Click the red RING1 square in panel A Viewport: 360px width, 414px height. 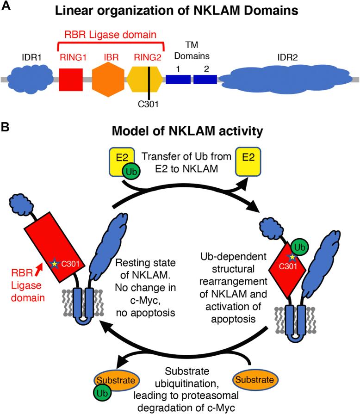coord(71,80)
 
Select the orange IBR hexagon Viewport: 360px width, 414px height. coord(109,80)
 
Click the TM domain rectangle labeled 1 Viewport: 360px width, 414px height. coord(178,80)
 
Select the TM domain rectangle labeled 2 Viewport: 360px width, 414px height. coord(205,80)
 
